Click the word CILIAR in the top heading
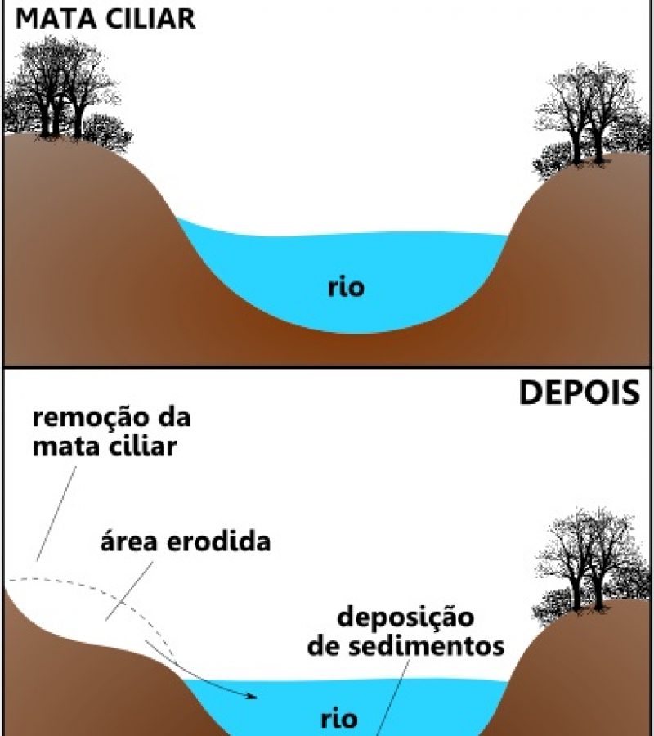coord(149,20)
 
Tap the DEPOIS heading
coord(580,393)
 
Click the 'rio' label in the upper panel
coord(346,287)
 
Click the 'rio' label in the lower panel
coord(339,719)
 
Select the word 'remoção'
coord(88,418)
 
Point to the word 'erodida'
coord(219,542)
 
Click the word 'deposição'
coord(405,617)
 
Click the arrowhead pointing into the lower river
coord(252,697)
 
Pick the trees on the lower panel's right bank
coord(592,566)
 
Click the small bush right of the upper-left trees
coord(107,132)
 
